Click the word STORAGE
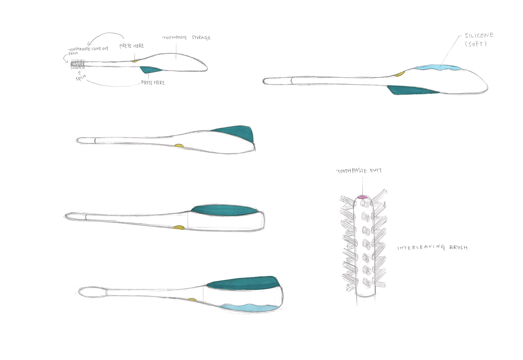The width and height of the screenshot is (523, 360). point(201,38)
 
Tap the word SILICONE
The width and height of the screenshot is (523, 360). point(479,36)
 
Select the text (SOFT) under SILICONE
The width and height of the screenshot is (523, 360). point(476,44)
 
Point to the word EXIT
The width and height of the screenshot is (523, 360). point(376,170)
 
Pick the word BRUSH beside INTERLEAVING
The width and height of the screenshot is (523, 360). point(458,247)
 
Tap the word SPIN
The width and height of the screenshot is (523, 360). point(81,78)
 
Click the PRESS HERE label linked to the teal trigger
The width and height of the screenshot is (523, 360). point(153,83)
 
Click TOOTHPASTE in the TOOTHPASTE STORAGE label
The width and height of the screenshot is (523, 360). point(174,38)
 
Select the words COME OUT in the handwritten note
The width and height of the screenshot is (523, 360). point(100,49)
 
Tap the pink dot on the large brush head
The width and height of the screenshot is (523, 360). point(362,197)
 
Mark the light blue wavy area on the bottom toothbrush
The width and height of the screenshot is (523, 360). point(248,307)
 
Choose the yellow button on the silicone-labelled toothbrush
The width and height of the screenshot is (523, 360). point(399,74)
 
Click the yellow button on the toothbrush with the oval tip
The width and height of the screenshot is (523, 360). point(192,299)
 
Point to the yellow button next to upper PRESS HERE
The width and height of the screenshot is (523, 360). point(135,61)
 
